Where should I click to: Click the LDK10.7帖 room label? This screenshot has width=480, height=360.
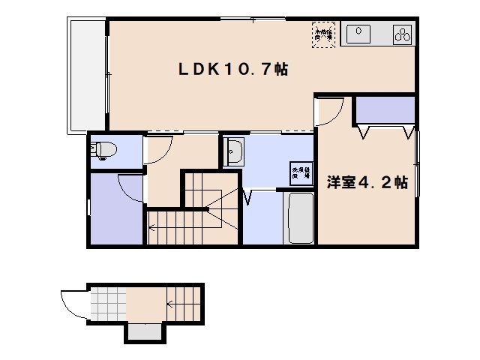tap(232, 69)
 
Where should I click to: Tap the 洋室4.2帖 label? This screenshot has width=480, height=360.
tap(367, 182)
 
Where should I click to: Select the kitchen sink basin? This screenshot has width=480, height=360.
tap(357, 33)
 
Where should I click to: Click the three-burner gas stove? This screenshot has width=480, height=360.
tap(403, 34)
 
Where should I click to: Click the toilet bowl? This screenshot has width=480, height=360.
tap(103, 151)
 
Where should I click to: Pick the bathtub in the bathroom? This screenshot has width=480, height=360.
tap(299, 217)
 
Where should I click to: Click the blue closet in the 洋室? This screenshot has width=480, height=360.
tap(385, 112)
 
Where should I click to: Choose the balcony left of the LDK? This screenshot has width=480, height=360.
tap(88, 75)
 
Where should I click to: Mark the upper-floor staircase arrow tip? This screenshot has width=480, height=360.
tap(150, 224)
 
